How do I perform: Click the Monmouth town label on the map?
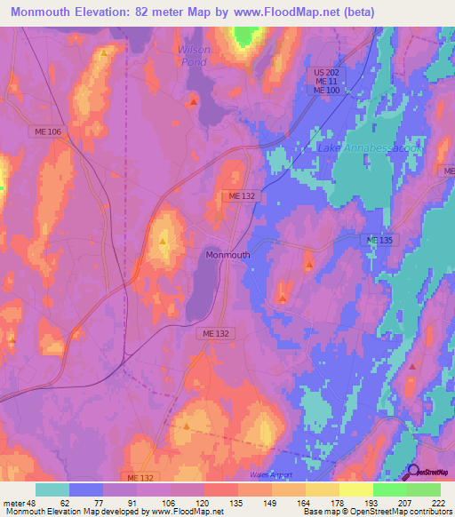coord(227,254)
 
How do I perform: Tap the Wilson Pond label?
coord(195,56)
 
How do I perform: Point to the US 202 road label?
coord(327,70)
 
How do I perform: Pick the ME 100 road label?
coord(326,91)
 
